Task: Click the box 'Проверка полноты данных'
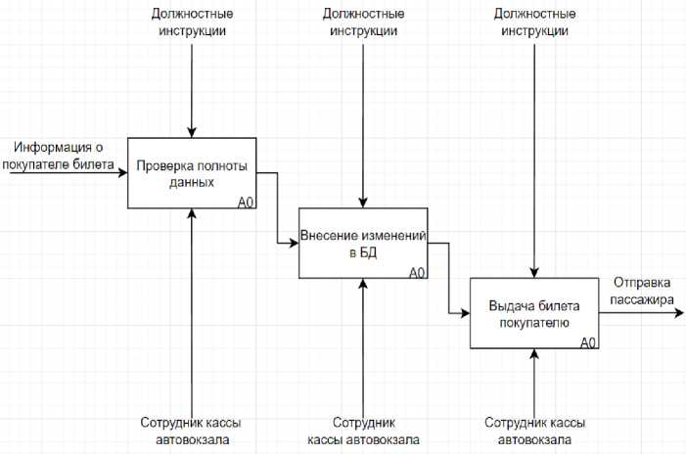pyautogui.click(x=192, y=173)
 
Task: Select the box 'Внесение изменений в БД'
pyautogui.click(x=363, y=244)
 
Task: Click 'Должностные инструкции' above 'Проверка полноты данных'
pyautogui.click(x=192, y=23)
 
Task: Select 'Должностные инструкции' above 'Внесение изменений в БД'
pyautogui.click(x=363, y=23)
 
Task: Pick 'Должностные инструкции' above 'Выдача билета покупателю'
pyautogui.click(x=534, y=23)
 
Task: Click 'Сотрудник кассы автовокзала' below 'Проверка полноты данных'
pyautogui.click(x=192, y=431)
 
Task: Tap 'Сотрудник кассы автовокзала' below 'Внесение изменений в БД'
pyautogui.click(x=363, y=431)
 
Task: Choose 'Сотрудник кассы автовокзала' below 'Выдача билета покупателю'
pyautogui.click(x=534, y=431)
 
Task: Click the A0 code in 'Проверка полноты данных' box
pyautogui.click(x=246, y=203)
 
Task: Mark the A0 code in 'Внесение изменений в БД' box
pyautogui.click(x=417, y=273)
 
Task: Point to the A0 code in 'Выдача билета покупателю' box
pyautogui.click(x=588, y=342)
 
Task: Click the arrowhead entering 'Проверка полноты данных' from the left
pyautogui.click(x=122, y=173)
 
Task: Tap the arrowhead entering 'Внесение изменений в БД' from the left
pyautogui.click(x=294, y=244)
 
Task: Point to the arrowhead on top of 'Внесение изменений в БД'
pyautogui.click(x=363, y=203)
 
